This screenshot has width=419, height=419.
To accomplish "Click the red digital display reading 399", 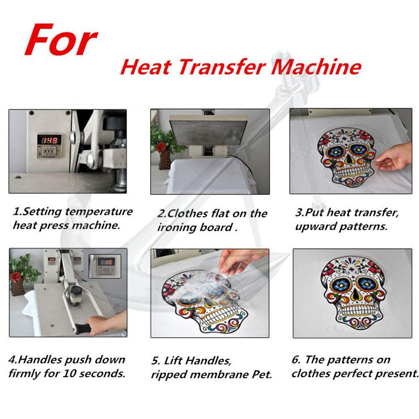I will [49, 140].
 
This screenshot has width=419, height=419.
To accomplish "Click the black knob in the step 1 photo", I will [114, 124].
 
